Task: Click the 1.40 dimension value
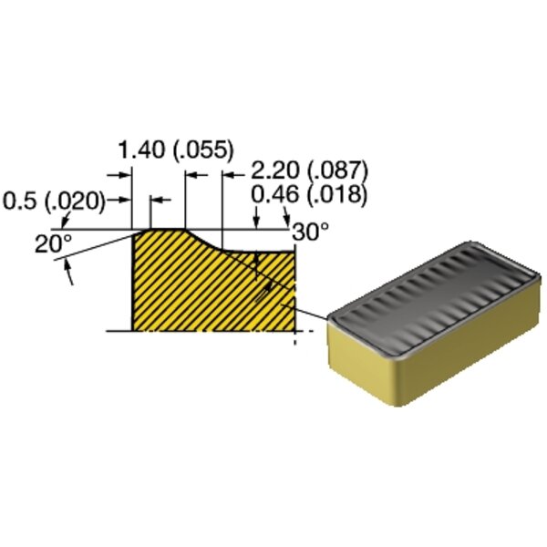pos(141,150)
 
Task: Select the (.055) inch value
pos(203,150)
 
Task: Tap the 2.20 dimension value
pos(275,171)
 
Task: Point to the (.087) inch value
pos(337,171)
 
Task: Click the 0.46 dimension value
pos(275,194)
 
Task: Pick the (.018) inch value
pos(337,195)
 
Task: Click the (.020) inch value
pos(76,201)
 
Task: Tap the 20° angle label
pos(54,243)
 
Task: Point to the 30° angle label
pos(311,231)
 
